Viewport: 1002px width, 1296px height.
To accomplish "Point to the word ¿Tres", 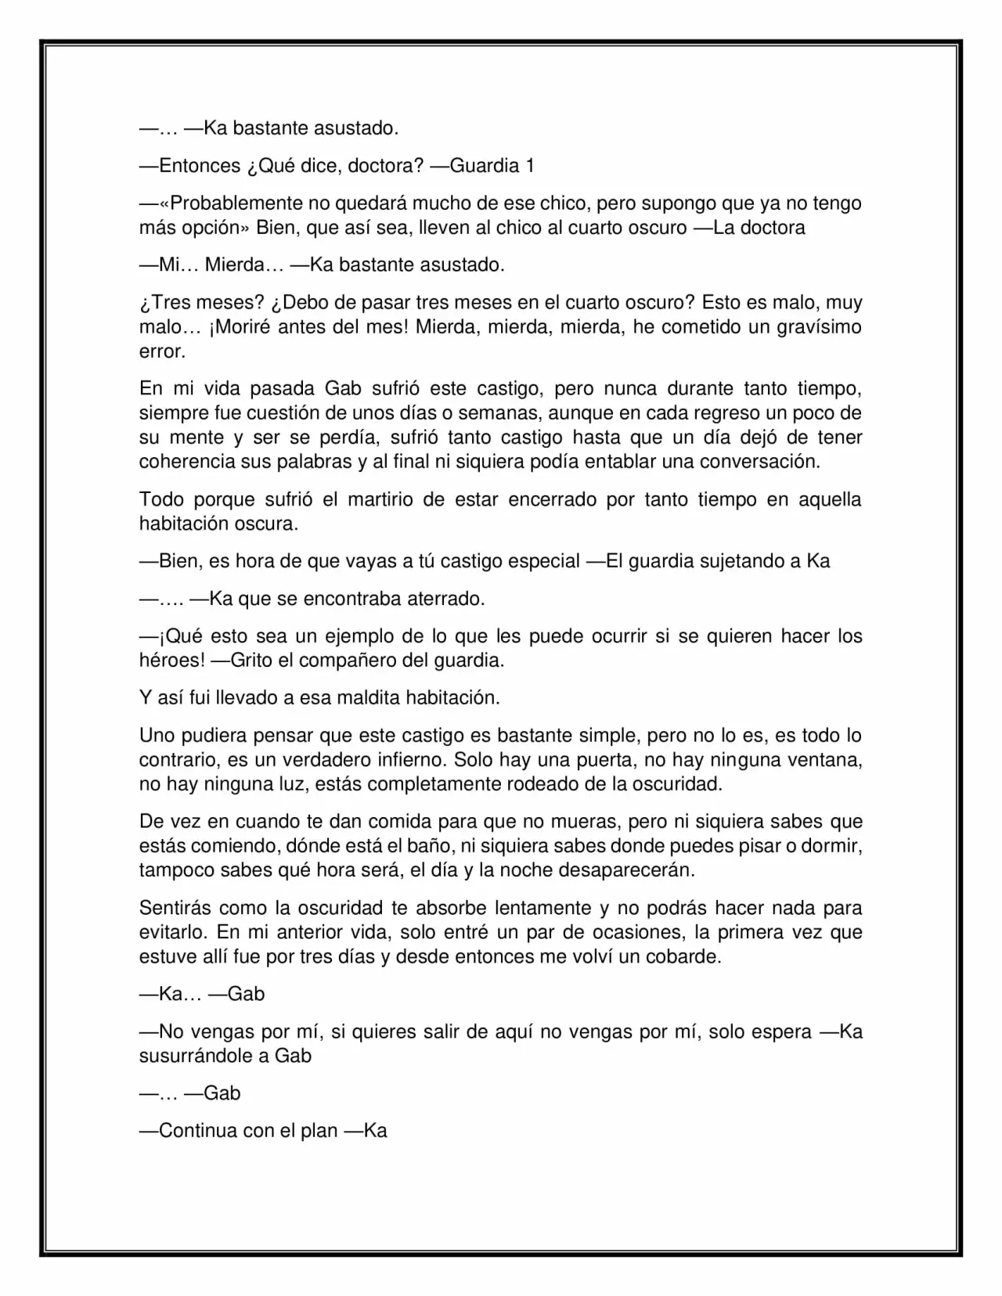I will tap(163, 302).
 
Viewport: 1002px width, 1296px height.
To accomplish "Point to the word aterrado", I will tap(445, 599).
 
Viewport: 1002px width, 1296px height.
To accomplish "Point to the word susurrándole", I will tap(204, 1056).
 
